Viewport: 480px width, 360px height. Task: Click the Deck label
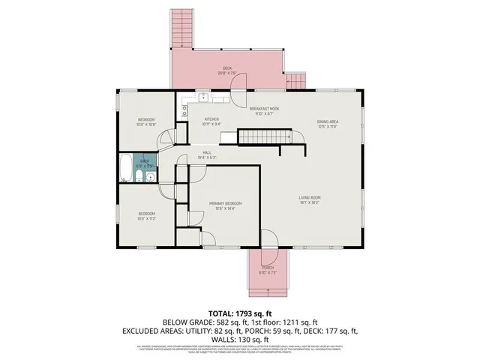(227, 68)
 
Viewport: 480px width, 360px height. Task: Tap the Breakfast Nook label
(265, 109)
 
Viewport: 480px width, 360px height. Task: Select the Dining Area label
(328, 121)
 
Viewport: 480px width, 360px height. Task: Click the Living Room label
(310, 197)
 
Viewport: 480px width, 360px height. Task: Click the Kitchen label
(212, 120)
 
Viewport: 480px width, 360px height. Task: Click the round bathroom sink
(151, 178)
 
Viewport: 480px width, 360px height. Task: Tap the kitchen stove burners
(184, 113)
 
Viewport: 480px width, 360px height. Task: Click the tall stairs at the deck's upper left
(182, 28)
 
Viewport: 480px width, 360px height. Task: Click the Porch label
(267, 268)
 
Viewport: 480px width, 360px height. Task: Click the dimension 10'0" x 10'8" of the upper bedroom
(146, 124)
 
